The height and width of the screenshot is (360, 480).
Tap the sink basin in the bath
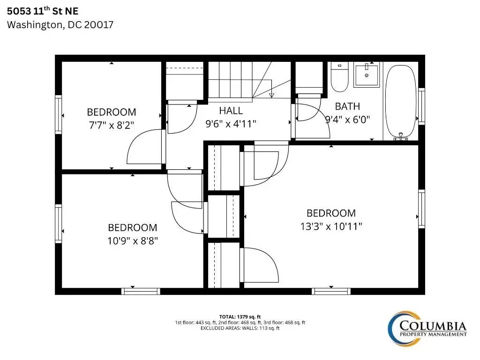click(367, 75)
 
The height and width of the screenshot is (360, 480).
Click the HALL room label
click(231, 111)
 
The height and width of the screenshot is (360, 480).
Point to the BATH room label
click(347, 106)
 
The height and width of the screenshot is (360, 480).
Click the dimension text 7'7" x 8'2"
click(112, 125)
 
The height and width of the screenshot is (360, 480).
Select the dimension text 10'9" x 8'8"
click(133, 241)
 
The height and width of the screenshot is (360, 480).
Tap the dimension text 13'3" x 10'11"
click(331, 226)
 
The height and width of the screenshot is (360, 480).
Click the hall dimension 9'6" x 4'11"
click(231, 124)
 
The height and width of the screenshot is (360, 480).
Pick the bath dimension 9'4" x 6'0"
click(348, 120)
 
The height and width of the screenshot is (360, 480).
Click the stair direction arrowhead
click(271, 95)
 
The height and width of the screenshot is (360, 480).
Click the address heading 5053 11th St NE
click(43, 11)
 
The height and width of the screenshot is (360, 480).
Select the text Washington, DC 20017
click(60, 24)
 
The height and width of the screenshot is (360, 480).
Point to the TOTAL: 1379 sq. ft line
click(240, 317)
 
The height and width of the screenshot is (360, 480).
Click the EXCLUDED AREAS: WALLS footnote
click(240, 328)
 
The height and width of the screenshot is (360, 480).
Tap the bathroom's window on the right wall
click(421, 106)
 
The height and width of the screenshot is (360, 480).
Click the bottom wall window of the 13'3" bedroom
click(331, 291)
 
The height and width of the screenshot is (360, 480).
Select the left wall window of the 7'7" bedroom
click(58, 114)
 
